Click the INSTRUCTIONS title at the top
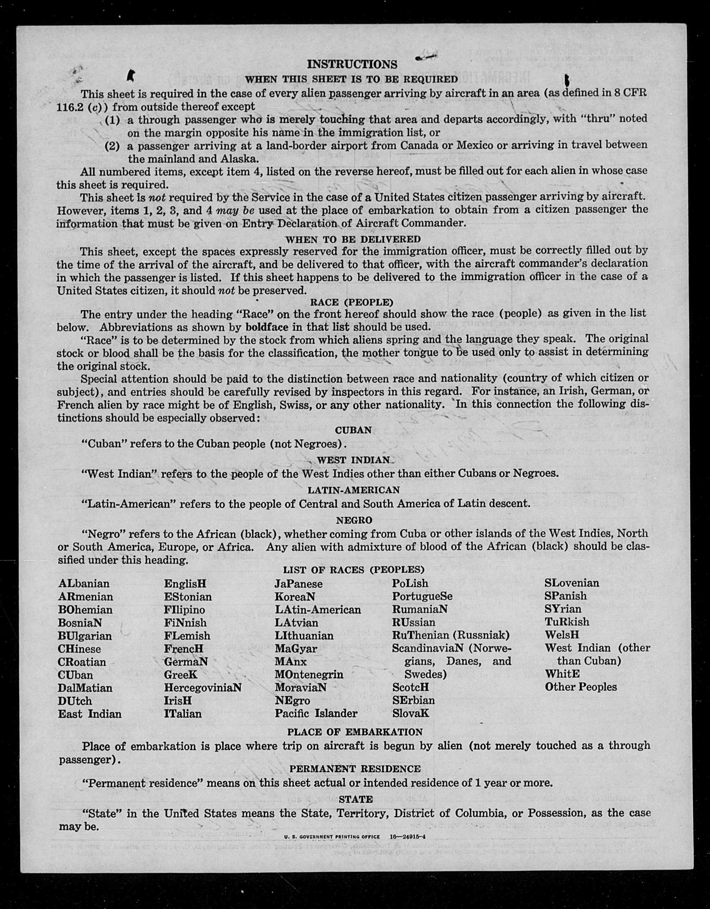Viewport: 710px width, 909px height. click(x=352, y=65)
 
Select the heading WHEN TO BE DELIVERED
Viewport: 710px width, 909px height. click(x=353, y=240)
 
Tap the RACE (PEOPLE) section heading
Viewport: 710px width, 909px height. click(x=352, y=302)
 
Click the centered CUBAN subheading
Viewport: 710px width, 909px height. click(x=353, y=430)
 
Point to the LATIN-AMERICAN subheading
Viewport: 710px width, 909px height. click(x=354, y=490)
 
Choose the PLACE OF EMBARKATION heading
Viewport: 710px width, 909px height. click(x=354, y=732)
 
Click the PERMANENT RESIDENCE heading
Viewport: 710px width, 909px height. click(x=355, y=768)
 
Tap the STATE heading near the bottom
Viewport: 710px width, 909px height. click(x=356, y=799)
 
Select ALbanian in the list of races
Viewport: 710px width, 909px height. click(x=84, y=584)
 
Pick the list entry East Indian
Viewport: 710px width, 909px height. click(x=90, y=714)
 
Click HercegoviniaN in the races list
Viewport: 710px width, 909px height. click(x=203, y=687)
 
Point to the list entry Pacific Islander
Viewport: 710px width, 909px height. click(x=316, y=713)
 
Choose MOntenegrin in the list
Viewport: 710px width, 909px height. click(x=309, y=674)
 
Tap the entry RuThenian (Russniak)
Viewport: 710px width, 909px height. click(x=451, y=636)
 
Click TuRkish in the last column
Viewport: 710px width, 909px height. click(x=567, y=622)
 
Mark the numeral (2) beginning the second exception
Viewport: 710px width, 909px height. click(x=112, y=146)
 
